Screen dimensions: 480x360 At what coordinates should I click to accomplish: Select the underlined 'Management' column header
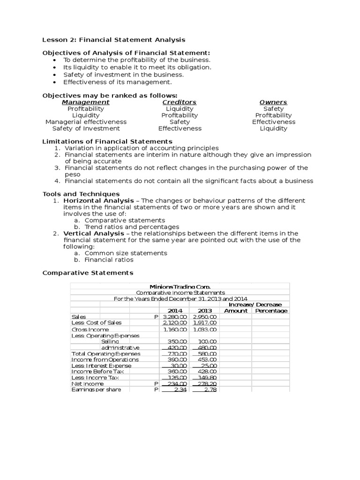pos(86,102)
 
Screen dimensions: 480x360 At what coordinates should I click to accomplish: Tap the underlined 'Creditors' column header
pos(180,102)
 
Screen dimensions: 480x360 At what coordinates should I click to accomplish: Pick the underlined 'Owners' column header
pos(273,102)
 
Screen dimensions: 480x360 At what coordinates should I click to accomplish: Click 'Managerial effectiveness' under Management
pos(86,122)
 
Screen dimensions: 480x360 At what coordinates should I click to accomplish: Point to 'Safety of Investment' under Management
pos(86,128)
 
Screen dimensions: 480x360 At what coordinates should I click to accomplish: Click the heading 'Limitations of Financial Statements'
pos(107,142)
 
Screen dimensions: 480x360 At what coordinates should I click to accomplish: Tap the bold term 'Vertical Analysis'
pos(94,233)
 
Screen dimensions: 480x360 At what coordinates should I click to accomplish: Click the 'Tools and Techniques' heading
pos(81,194)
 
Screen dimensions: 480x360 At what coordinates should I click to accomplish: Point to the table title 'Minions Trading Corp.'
pos(180,286)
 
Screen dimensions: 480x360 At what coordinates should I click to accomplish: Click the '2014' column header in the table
pos(174,310)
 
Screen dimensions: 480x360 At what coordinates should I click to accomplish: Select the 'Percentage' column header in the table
pos(271,310)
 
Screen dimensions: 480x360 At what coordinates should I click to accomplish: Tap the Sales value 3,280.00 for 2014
pos(175,317)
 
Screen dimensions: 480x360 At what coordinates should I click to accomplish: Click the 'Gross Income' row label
pos(90,330)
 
